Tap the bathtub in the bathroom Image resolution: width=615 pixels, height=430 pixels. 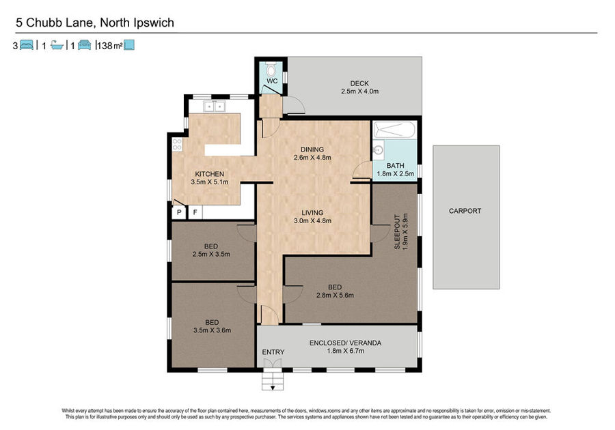394,130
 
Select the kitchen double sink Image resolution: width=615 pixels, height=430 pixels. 214,106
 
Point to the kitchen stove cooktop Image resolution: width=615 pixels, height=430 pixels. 177,145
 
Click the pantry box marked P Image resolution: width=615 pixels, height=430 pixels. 179,213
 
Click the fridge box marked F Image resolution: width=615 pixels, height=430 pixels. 195,213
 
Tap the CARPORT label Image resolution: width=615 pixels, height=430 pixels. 465,211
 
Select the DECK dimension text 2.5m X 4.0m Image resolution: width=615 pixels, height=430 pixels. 359,91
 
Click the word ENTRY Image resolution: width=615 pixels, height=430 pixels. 273,352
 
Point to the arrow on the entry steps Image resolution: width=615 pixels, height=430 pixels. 272,387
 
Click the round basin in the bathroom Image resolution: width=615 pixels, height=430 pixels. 379,150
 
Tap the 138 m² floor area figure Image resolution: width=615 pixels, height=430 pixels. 110,46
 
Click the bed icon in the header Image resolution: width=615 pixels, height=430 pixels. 26,45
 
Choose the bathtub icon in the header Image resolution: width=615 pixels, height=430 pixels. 57,46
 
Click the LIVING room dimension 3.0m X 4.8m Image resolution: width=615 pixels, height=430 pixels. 312,220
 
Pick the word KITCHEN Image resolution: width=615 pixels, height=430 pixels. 210,174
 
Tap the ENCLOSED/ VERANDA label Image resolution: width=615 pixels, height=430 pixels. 345,343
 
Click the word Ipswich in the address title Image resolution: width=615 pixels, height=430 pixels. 154,23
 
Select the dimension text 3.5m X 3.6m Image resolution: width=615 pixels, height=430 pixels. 213,330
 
